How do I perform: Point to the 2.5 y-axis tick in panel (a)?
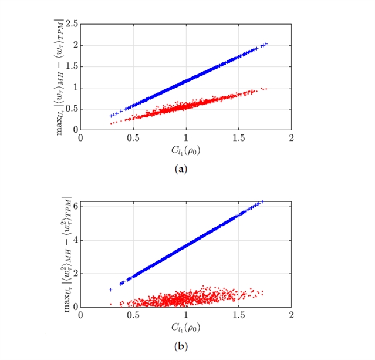coord(72,24)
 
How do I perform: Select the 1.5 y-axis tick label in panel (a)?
coord(72,66)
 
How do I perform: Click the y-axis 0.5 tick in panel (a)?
coord(72,109)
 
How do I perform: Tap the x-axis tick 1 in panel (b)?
coord(186,315)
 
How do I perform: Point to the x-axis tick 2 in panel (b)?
coord(291,315)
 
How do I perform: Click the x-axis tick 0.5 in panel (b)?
coord(133,315)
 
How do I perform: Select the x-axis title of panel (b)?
coord(185,327)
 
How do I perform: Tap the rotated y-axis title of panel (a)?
coord(60,77)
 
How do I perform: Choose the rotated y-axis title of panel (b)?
coord(60,254)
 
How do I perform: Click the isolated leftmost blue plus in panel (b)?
coord(110,290)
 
